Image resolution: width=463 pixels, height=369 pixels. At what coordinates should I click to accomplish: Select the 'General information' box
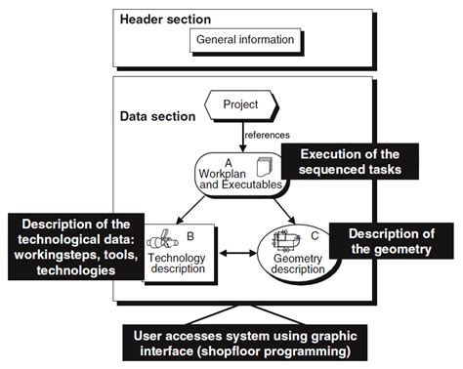(x=244, y=40)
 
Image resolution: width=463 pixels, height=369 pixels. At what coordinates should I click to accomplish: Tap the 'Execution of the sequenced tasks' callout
(x=349, y=162)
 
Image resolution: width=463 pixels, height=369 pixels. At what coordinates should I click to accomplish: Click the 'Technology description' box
(x=181, y=253)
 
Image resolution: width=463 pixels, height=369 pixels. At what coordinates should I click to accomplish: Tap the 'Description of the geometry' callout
(x=389, y=242)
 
